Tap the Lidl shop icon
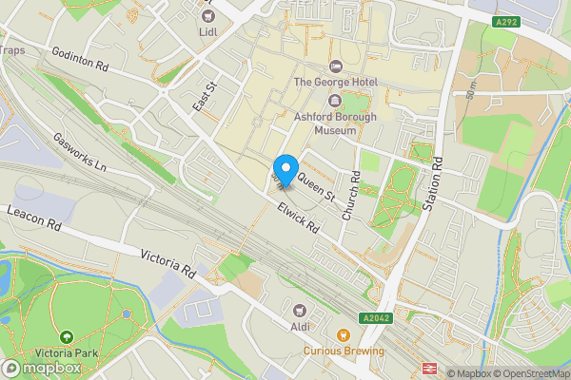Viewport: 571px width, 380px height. point(207,14)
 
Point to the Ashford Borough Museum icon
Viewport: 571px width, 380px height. point(334,101)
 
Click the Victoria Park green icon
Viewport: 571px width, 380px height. point(67,337)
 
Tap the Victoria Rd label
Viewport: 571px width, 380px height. point(167,262)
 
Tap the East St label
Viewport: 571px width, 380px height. point(201,97)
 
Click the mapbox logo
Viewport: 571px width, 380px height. point(41,368)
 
